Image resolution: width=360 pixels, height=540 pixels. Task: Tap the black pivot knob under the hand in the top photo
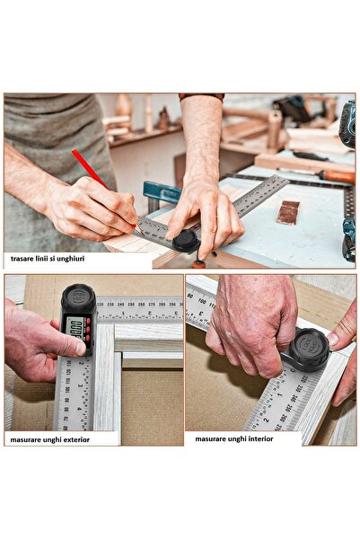(x=186, y=240)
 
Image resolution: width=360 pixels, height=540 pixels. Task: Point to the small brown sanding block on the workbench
(x=287, y=212)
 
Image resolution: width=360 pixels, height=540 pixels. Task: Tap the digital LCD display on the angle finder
(x=77, y=328)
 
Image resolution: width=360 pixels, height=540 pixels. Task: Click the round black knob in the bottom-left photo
(x=77, y=297)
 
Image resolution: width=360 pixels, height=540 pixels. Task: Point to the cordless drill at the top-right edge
(x=347, y=126)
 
